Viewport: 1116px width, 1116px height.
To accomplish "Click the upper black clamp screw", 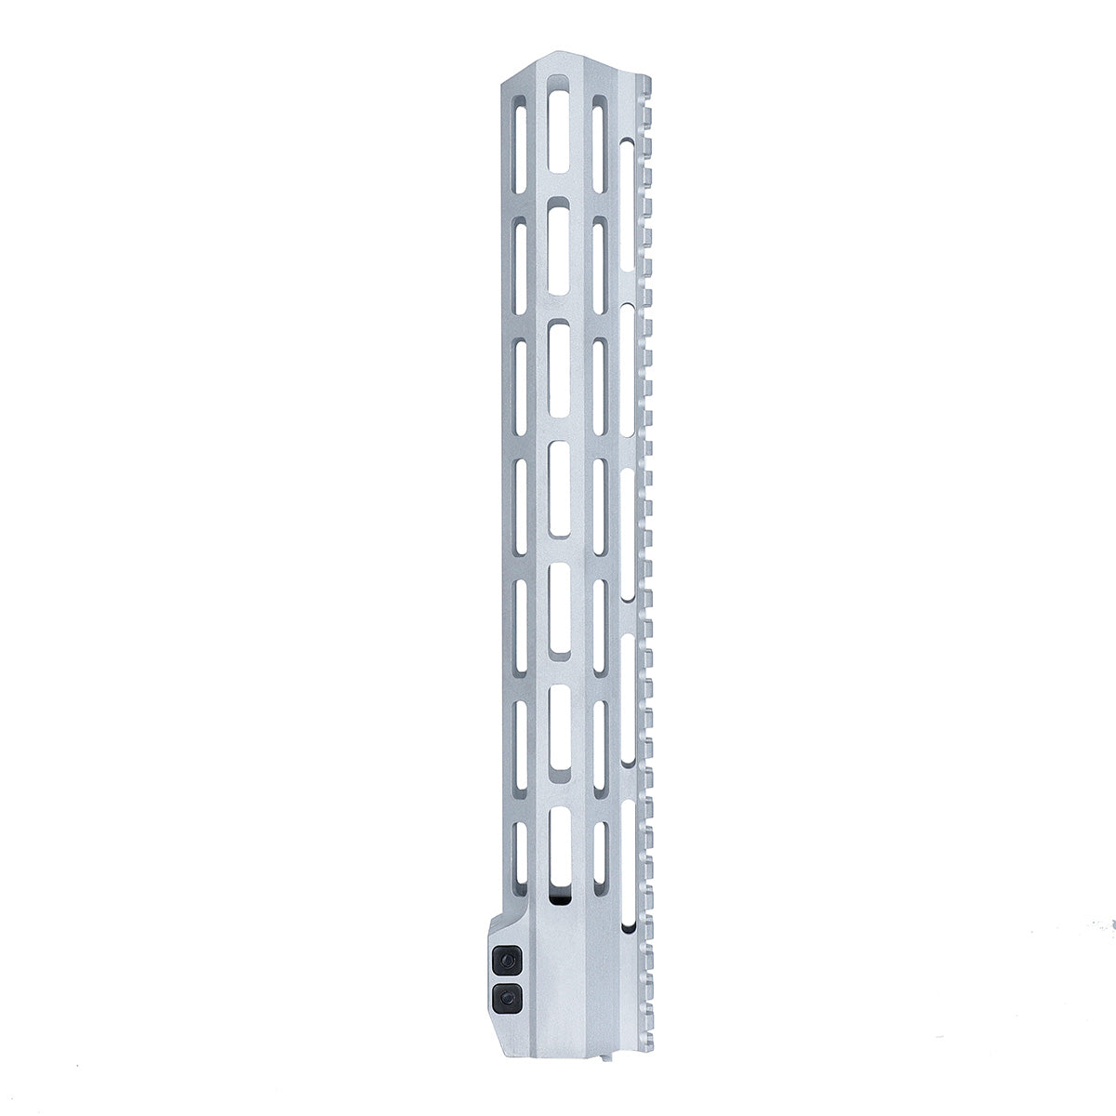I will coord(506,958).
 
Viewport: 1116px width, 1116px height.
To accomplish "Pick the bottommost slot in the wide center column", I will coord(559,846).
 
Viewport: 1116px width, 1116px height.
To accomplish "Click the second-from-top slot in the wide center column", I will coord(559,248).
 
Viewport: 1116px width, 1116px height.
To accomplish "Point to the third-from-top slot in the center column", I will coord(559,369).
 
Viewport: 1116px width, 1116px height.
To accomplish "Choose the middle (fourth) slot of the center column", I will coord(559,489).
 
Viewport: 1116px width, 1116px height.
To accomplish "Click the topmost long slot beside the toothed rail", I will coord(628,214).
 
